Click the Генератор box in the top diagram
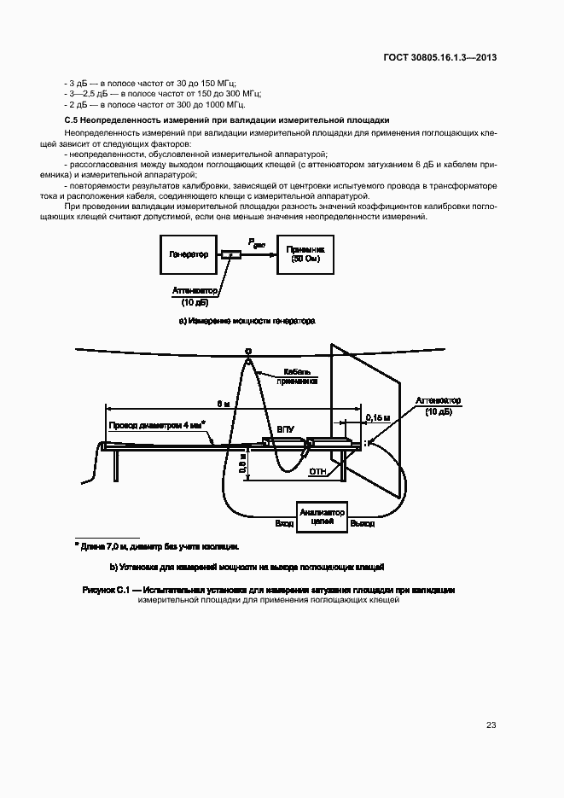tap(189, 254)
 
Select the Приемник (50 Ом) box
tap(305, 253)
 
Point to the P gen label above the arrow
tap(257, 243)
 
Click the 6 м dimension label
tap(222, 403)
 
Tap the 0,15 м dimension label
tap(376, 417)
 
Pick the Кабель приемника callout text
tap(301, 377)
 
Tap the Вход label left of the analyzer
tap(283, 523)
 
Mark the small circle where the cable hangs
tap(248, 351)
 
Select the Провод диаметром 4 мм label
tap(159, 424)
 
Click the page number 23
tap(491, 725)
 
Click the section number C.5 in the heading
tap(72, 121)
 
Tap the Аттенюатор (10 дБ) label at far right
tap(438, 405)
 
